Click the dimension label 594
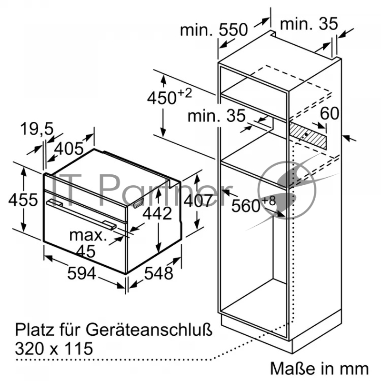(x=81, y=273)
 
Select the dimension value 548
(x=159, y=273)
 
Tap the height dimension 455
(x=23, y=200)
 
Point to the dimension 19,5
(x=37, y=129)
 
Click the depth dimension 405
(x=69, y=149)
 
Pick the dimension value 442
(x=157, y=213)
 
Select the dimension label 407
(x=198, y=201)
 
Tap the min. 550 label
(x=214, y=30)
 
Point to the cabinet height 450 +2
(x=170, y=97)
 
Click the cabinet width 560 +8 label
(x=254, y=205)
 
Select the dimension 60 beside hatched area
(x=329, y=113)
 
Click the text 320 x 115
(x=54, y=349)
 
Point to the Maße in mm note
(x=319, y=368)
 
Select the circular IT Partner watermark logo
(x=287, y=190)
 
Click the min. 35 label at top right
(x=309, y=23)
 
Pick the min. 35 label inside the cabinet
(x=217, y=116)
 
